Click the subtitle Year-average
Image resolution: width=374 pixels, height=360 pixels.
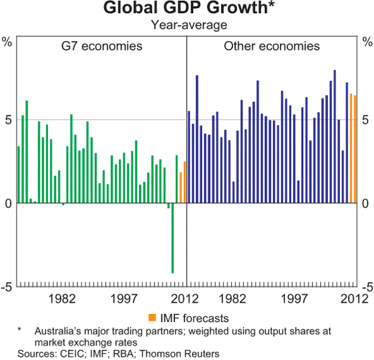tap(186, 25)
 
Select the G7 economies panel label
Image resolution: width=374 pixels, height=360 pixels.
tap(101, 47)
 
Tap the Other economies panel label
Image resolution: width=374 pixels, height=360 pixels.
tap(272, 47)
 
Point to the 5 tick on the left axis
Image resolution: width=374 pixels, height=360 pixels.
tap(8, 120)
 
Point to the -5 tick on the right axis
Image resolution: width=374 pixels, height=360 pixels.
tap(365, 287)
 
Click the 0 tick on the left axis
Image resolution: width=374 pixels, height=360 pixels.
tap(8, 204)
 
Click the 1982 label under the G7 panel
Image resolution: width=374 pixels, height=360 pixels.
tap(64, 298)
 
